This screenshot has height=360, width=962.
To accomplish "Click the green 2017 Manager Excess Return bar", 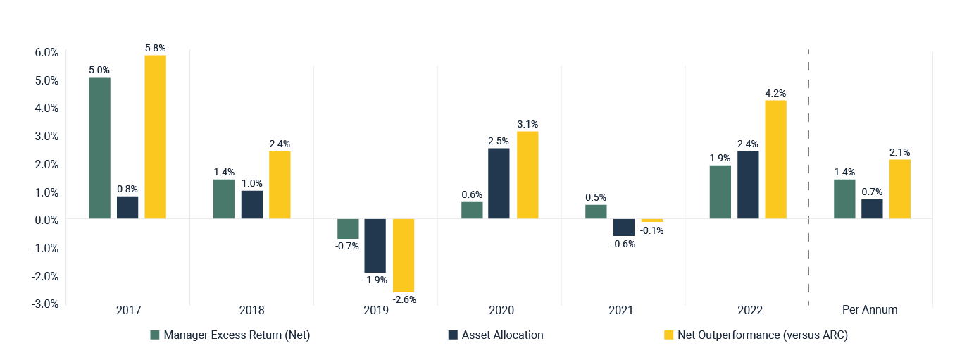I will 99,148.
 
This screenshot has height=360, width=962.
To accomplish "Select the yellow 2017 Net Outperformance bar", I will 155,137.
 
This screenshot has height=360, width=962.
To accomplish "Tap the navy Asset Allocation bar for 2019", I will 375,246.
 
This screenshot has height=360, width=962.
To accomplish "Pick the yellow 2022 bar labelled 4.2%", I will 775,159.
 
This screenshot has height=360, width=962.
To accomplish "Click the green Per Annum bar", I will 844,199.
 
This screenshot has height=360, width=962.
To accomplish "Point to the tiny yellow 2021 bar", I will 651,221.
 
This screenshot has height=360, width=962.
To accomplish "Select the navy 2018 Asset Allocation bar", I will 251,204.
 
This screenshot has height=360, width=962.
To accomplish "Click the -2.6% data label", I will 404,299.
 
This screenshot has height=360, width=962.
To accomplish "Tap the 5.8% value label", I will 155,48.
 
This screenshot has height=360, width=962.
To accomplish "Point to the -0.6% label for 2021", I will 623,244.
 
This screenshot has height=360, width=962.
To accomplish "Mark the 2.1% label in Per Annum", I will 899,152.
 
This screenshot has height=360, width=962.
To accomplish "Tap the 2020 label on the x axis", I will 499,310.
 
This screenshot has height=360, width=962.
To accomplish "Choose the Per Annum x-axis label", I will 870,310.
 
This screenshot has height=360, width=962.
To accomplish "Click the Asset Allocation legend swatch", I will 453,335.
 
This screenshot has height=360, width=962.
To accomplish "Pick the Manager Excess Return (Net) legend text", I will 237,335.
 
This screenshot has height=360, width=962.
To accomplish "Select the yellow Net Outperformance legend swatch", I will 669,335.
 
